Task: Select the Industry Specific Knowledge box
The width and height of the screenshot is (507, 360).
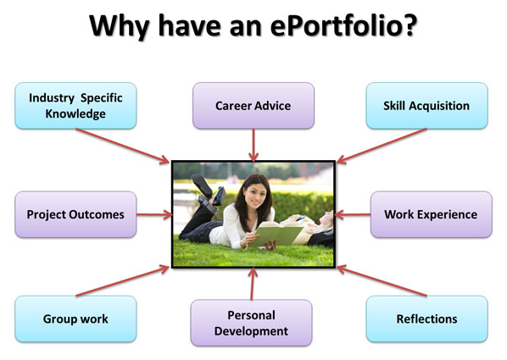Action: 75,106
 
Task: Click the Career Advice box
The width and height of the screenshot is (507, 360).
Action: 253,106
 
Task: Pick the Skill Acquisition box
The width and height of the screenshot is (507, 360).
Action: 426,106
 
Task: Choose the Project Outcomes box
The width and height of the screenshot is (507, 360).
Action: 75,214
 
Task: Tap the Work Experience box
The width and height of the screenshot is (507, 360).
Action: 432,214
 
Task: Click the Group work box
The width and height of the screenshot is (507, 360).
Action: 75,319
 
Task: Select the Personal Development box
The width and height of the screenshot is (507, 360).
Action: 251,323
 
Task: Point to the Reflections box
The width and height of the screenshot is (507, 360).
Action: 426,319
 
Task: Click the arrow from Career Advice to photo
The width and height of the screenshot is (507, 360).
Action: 253,146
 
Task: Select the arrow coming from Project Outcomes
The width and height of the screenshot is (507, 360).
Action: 154,214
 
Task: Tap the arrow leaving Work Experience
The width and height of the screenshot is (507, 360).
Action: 353,214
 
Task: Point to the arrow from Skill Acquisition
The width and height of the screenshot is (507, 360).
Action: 382,146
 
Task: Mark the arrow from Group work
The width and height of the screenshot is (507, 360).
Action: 123,280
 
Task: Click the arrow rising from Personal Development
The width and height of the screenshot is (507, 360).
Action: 252,284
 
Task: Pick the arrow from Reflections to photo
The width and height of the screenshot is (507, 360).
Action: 382,280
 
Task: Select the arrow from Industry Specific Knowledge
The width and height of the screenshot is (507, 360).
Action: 123,146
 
